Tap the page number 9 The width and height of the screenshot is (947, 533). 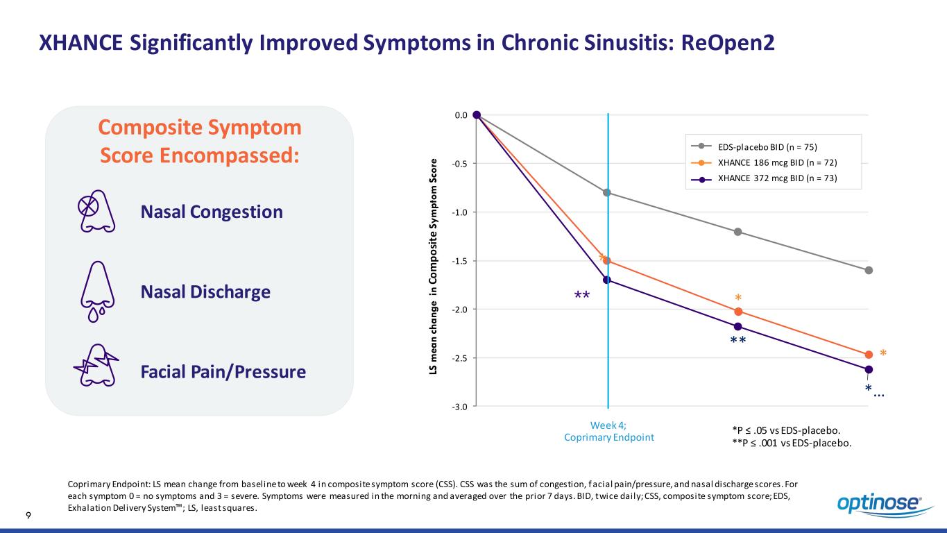coord(28,515)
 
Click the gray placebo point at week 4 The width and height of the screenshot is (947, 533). coord(607,192)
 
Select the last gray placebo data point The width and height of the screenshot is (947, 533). coord(869,270)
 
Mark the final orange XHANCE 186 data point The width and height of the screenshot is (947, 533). coord(869,355)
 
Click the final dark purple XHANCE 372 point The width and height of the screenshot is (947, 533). coord(869,369)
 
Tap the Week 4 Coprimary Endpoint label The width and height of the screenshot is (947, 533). coord(607,431)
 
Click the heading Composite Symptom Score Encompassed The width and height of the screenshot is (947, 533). coord(199,141)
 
